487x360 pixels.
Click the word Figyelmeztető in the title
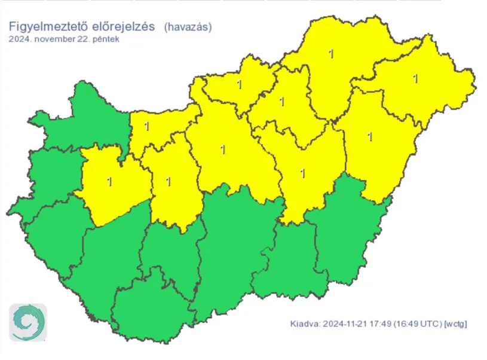point(45,27)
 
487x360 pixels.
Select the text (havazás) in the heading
point(187,27)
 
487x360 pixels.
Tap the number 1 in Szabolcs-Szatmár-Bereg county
point(415,78)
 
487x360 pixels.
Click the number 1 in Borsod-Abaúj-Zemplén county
point(331,54)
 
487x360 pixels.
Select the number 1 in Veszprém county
point(109,181)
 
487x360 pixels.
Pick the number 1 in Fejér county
point(168,181)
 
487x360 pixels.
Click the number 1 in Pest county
point(223,149)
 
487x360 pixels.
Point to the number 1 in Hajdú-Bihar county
point(370,137)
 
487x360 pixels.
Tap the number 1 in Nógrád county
point(239,84)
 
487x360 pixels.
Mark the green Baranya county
point(140,311)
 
